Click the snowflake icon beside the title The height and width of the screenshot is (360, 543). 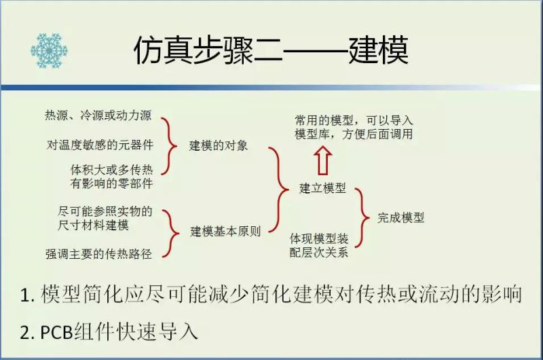(49, 50)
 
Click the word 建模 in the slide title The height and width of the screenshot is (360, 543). (378, 50)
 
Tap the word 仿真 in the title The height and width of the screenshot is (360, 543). (163, 50)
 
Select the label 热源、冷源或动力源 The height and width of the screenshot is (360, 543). (98, 115)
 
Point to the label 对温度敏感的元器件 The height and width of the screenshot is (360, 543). (100, 145)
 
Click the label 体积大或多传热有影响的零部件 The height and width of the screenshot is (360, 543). (111, 177)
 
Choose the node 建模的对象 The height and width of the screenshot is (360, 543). (219, 145)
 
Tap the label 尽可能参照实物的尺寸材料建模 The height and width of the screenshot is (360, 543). (105, 218)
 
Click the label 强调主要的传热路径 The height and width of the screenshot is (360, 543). (98, 254)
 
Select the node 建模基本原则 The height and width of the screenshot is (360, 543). (225, 232)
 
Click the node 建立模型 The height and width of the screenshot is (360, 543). (322, 188)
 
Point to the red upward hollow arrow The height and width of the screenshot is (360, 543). (324, 161)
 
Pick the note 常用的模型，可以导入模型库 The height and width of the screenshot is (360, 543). (354, 127)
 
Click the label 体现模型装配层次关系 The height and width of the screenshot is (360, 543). (319, 245)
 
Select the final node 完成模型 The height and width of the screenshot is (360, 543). (400, 217)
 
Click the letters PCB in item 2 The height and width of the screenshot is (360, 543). (56, 332)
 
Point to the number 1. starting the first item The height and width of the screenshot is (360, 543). (28, 295)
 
